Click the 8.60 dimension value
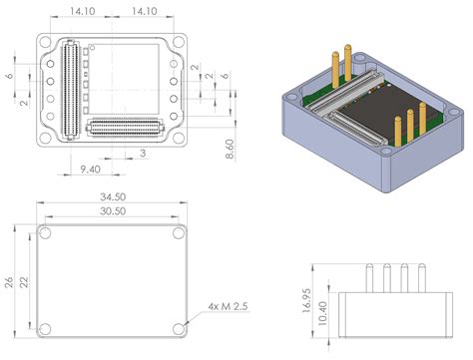[231, 145]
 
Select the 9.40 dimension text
[89, 169]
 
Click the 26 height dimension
[9, 281]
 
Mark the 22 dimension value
[23, 281]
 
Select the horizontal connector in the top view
[125, 127]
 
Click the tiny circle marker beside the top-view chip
[94, 46]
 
